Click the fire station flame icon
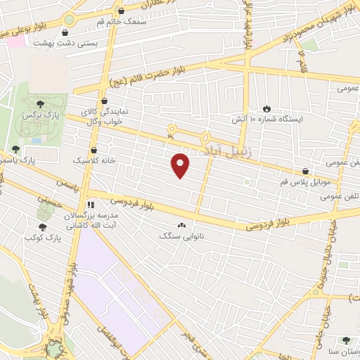tap(266, 108)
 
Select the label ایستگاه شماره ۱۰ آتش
tap(268, 120)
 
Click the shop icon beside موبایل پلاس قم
tap(305, 171)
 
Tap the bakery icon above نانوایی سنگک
tap(182, 225)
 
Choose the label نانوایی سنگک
tap(181, 236)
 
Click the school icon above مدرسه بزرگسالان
tap(90, 205)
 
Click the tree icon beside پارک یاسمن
tap(15, 149)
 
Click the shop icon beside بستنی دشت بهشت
tap(65, 32)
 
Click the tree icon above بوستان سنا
tap(345, 340)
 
